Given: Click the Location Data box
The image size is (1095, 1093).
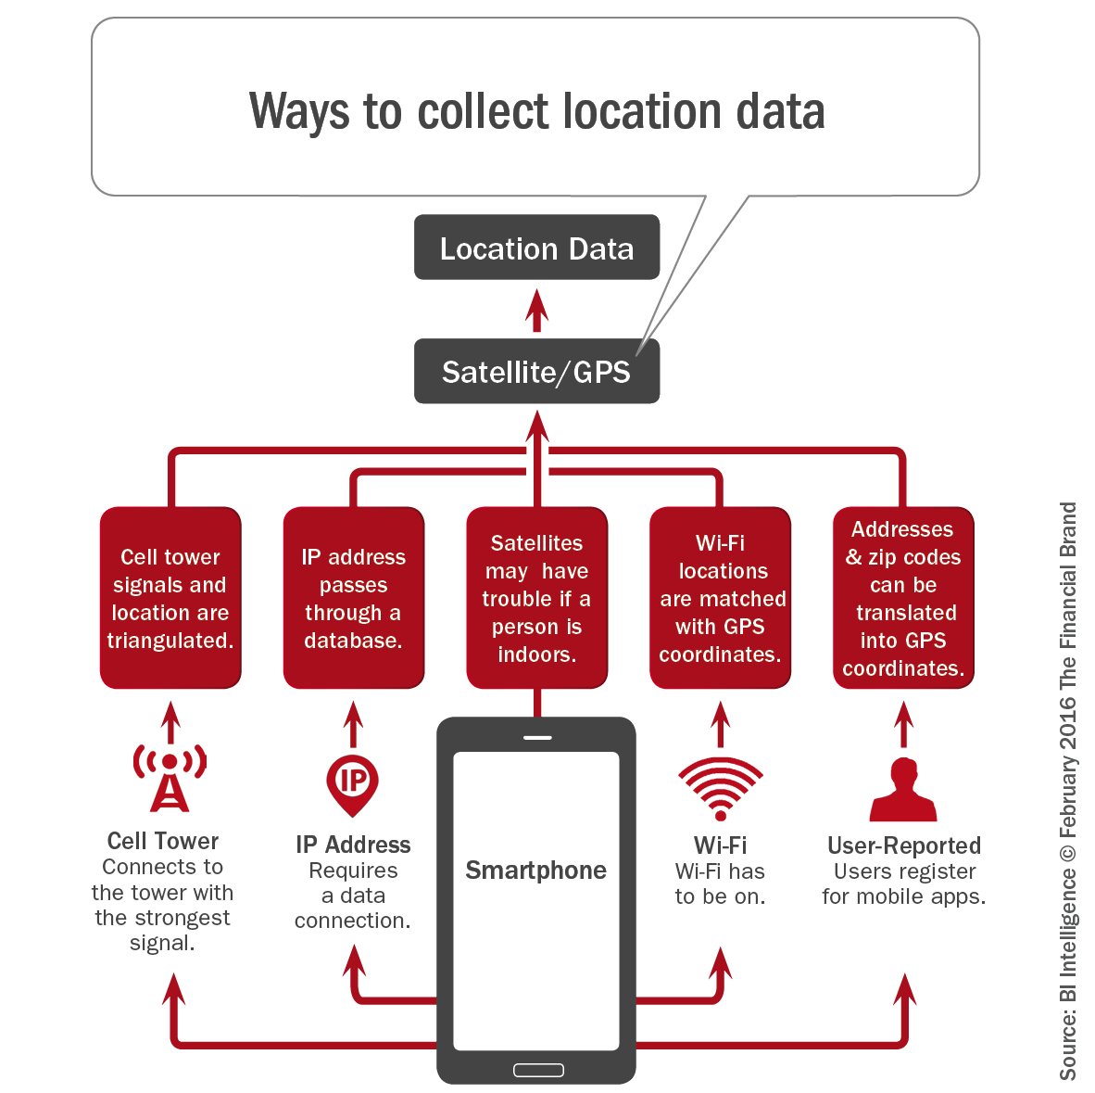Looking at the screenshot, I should point(536,248).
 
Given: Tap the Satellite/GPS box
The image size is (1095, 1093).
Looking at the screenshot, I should point(536,372).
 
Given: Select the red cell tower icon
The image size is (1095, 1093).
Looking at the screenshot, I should point(170,777).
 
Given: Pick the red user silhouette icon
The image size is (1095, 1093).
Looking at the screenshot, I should point(903,790).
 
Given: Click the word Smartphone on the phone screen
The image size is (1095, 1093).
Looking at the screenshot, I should point(535,871).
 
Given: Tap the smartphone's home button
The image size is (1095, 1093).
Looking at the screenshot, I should point(537,1070).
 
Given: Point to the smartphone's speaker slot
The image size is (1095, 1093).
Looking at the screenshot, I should point(537,738).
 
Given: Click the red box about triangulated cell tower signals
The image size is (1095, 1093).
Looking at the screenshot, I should point(170,598).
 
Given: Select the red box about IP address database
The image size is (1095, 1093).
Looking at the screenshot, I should point(353,598).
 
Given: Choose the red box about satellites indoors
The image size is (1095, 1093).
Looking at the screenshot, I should point(536,598).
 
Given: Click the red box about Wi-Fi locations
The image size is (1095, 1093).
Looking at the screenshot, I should point(720,598).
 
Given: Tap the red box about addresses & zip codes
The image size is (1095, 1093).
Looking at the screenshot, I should point(903,598).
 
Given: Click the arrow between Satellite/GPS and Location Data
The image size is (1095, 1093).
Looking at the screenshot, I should point(536,310).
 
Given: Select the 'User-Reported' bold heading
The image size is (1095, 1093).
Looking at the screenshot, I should point(903,845).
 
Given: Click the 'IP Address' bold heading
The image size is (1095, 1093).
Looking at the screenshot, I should point(353,845).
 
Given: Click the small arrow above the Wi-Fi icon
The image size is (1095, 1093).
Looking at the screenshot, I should point(720,724).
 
